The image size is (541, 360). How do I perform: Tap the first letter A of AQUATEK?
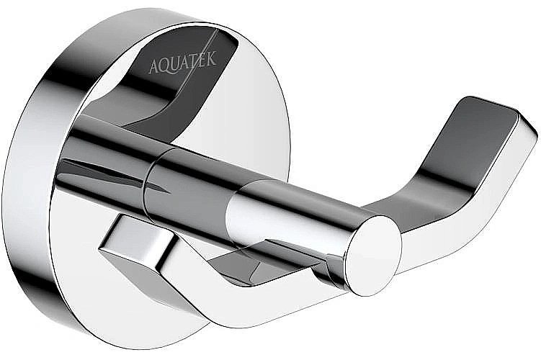(153, 68)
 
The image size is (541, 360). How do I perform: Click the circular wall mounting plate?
(238, 115)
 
